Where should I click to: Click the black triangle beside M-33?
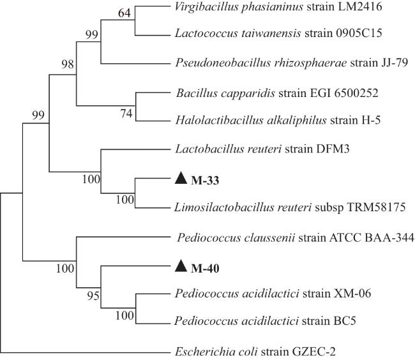(181, 179)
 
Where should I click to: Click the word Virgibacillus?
(201, 8)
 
